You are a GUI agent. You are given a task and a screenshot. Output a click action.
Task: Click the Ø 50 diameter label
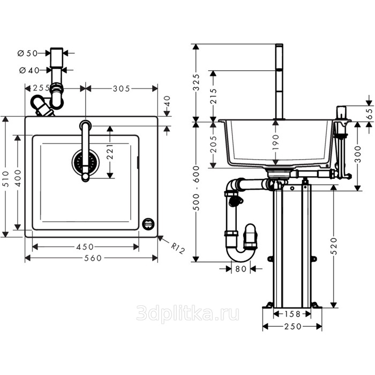click(28, 54)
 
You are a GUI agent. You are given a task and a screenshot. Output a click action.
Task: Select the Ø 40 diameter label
click(29, 70)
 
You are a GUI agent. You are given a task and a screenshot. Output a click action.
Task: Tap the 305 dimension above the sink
click(122, 89)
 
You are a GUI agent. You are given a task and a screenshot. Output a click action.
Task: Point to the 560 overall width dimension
click(93, 258)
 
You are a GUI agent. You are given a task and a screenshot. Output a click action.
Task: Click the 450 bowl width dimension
click(85, 247)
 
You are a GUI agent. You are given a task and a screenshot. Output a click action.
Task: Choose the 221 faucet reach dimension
click(110, 152)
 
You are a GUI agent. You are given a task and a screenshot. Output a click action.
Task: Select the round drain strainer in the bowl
click(86, 162)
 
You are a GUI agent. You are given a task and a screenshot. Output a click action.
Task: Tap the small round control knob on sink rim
click(148, 224)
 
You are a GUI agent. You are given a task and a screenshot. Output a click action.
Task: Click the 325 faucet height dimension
click(196, 82)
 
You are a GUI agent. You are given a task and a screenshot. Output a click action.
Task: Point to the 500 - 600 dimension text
click(196, 188)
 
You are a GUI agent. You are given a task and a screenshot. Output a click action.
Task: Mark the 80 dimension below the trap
click(241, 269)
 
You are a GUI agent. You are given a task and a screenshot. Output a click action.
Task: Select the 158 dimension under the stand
click(292, 314)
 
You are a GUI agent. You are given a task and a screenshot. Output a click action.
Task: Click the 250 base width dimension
click(293, 326)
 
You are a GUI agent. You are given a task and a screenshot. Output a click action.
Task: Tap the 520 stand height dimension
click(334, 246)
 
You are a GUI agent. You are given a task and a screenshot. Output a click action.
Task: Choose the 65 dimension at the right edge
click(370, 114)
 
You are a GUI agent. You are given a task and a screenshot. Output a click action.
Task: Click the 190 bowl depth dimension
click(276, 142)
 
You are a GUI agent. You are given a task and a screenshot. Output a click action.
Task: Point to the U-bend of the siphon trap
click(241, 256)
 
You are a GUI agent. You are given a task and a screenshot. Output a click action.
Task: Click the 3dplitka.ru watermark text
click(187, 313)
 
